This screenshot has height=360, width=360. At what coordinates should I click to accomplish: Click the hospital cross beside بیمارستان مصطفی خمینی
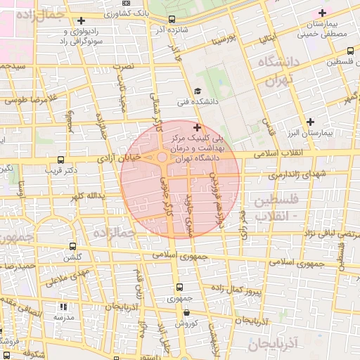pyautogui.click(x=323, y=13)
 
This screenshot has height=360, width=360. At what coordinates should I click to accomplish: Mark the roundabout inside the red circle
pyautogui.click(x=162, y=157)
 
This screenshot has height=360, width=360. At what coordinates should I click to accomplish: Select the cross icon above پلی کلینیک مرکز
pyautogui.click(x=196, y=128)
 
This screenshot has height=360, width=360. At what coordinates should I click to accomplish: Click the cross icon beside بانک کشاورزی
pyautogui.click(x=82, y=20)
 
